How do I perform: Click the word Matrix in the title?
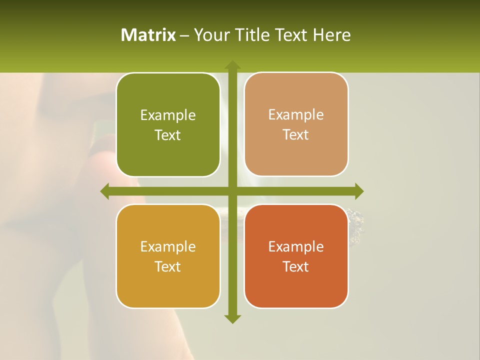tap(148, 35)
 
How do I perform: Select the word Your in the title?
tap(212, 35)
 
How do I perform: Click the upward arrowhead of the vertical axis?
tap(232, 65)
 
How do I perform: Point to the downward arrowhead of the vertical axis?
tap(232, 319)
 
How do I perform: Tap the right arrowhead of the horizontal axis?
tap(358, 191)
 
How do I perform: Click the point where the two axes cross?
tap(232, 191)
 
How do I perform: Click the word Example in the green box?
tap(168, 115)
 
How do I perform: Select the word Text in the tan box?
tap(296, 135)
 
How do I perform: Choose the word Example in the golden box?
tap(168, 246)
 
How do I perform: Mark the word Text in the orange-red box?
tap(296, 266)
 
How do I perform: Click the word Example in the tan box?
tap(296, 115)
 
